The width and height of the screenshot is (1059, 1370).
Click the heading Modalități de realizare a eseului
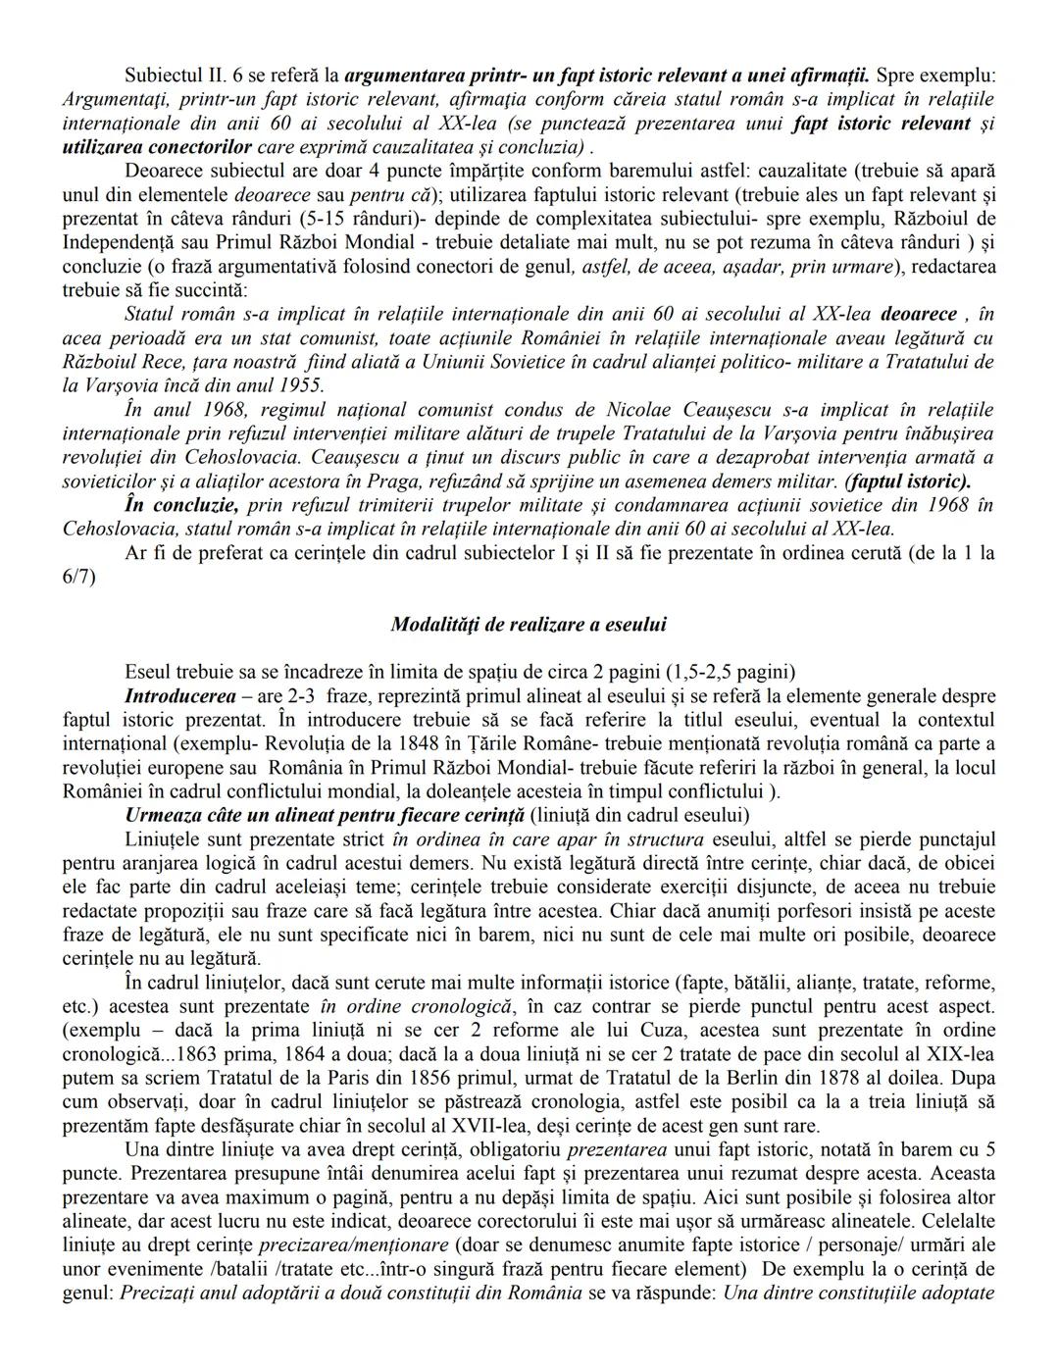pyautogui.click(x=529, y=624)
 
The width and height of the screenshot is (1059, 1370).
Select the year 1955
pyautogui.click(x=300, y=385)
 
